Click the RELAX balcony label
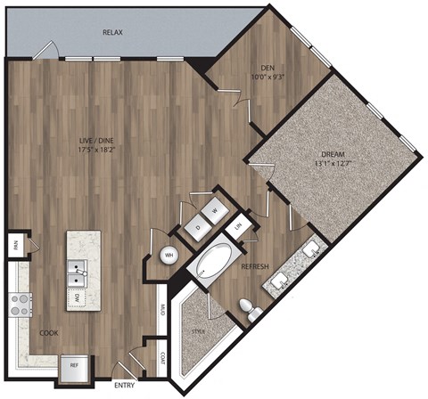click(x=112, y=32)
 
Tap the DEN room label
click(x=267, y=68)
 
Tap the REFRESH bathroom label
click(x=256, y=266)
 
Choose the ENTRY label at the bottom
click(x=126, y=387)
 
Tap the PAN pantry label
click(x=15, y=242)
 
